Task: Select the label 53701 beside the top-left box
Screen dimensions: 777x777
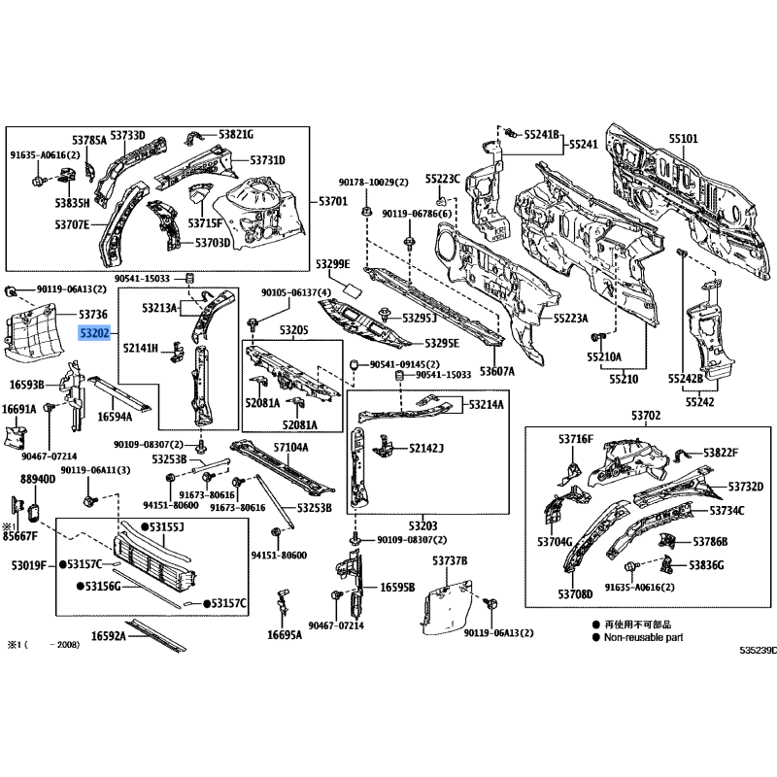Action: click(x=333, y=202)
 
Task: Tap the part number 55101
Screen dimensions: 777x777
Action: click(x=683, y=139)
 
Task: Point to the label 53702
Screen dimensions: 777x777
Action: click(x=646, y=416)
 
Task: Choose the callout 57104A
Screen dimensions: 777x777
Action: click(x=289, y=447)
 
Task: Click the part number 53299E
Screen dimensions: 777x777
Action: click(x=332, y=264)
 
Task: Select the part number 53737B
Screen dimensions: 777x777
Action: click(x=450, y=561)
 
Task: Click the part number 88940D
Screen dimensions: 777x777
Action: click(x=37, y=479)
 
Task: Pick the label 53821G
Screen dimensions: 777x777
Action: click(x=235, y=134)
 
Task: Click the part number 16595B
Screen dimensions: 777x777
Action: click(x=397, y=587)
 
